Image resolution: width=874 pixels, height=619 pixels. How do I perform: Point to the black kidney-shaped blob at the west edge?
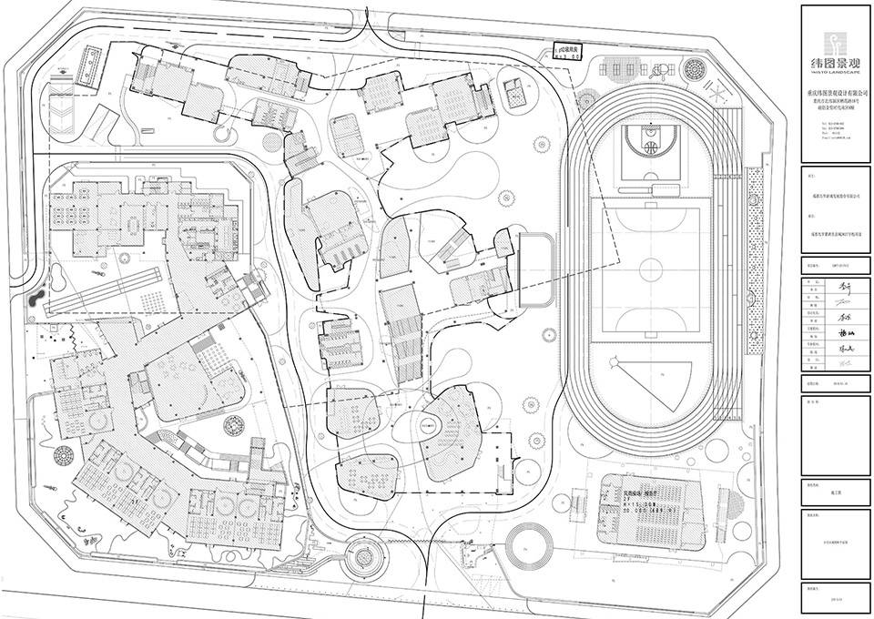(34, 299)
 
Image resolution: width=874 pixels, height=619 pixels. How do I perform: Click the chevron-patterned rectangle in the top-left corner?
(61, 116)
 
